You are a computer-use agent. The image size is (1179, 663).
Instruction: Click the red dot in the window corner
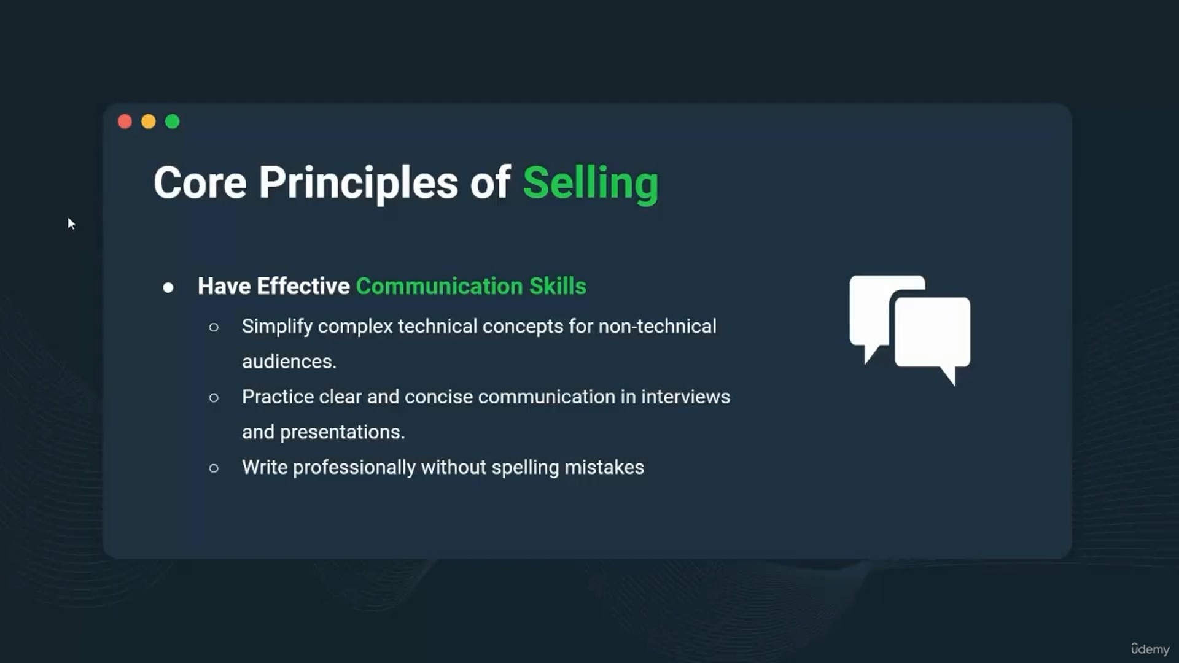pyautogui.click(x=125, y=122)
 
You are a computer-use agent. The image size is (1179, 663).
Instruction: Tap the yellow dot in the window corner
pyautogui.click(x=149, y=122)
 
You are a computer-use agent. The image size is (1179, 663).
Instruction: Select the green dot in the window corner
pyautogui.click(x=173, y=122)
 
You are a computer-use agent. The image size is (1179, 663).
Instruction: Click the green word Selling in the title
pyautogui.click(x=591, y=184)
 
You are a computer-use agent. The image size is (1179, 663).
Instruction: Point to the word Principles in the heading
pyautogui.click(x=358, y=184)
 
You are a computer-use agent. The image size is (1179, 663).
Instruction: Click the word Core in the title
pyautogui.click(x=200, y=183)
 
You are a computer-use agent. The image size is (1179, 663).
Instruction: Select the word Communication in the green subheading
pyautogui.click(x=439, y=286)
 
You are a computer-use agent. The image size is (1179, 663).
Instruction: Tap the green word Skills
pyautogui.click(x=558, y=286)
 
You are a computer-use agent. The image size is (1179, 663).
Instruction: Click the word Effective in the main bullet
pyautogui.click(x=303, y=286)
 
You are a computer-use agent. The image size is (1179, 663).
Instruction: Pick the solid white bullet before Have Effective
pyautogui.click(x=168, y=287)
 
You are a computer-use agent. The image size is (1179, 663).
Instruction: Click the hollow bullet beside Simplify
pyautogui.click(x=214, y=327)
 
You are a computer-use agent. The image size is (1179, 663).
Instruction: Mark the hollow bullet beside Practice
pyautogui.click(x=214, y=398)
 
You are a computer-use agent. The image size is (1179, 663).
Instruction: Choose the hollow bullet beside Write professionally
pyautogui.click(x=214, y=468)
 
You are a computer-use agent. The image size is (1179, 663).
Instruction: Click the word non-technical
pyautogui.click(x=657, y=327)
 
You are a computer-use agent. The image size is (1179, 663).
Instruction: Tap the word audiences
pyautogui.click(x=289, y=362)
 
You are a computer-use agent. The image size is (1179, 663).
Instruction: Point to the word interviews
pyautogui.click(x=685, y=397)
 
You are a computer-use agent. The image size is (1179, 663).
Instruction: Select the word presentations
pyautogui.click(x=342, y=433)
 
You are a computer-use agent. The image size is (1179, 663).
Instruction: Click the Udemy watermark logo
pyautogui.click(x=1150, y=649)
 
